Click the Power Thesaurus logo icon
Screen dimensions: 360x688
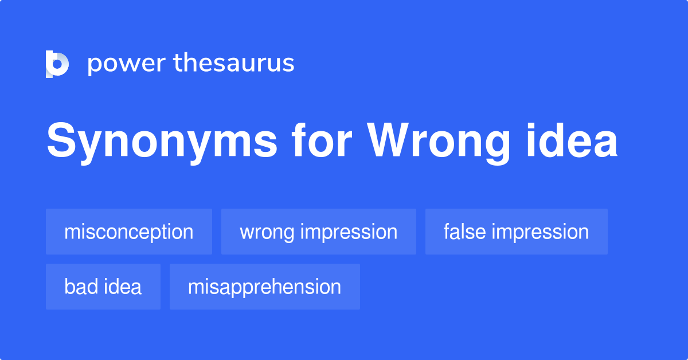[57, 64]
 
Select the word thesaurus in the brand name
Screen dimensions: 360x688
[234, 64]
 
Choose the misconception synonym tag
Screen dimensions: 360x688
[129, 232]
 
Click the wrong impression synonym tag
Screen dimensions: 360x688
[318, 232]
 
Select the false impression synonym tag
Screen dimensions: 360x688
[516, 232]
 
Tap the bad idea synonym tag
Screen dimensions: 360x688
[103, 287]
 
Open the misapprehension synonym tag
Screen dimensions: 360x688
[264, 287]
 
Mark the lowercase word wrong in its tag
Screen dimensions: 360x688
[267, 232]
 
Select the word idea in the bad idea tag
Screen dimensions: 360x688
[122, 287]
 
